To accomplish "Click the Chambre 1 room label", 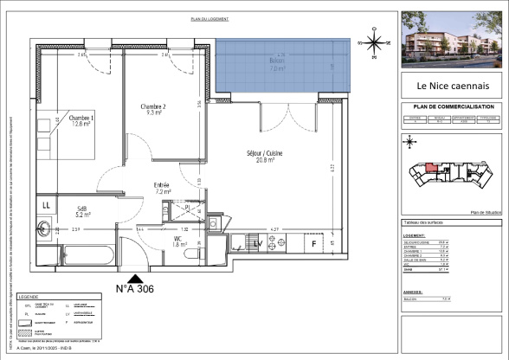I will [x=81, y=121].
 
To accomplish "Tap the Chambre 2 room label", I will [x=152, y=108].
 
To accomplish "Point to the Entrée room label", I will [x=162, y=188].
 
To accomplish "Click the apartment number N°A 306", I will [x=135, y=288].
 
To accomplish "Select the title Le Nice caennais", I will [x=447, y=86].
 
